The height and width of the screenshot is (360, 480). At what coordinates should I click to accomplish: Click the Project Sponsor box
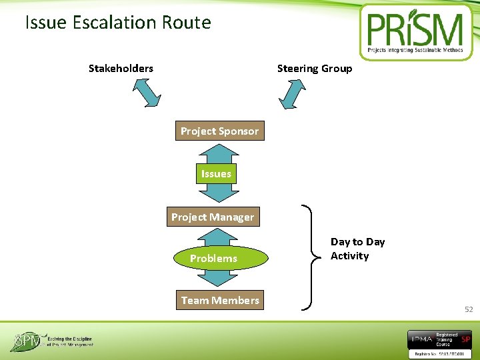pos(219,131)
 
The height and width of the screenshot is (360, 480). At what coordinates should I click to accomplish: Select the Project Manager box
pos(213,217)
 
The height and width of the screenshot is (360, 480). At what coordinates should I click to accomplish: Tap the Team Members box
pos(220,300)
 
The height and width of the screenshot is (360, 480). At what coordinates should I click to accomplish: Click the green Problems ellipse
pos(213,258)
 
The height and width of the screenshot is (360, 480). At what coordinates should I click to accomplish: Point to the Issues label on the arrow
pos(216,174)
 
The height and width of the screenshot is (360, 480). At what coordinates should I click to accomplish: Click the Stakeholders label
pos(121,68)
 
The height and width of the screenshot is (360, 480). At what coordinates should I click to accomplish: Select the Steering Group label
pos(315,68)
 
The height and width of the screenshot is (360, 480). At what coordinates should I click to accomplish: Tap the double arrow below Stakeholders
pos(147,93)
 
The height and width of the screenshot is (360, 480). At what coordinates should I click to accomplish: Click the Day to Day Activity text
pos(357,249)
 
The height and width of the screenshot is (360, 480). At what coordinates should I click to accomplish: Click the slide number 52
pos(469,309)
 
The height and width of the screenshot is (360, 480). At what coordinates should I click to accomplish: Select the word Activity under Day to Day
pos(349,256)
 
